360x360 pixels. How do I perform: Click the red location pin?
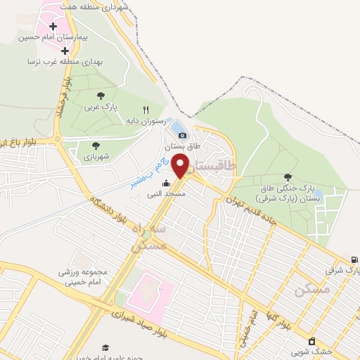(x=181, y=165)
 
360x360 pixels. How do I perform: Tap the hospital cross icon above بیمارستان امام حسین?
(x=54, y=26)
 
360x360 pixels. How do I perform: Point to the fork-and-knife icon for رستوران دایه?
(x=146, y=110)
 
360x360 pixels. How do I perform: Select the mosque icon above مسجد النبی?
(x=167, y=183)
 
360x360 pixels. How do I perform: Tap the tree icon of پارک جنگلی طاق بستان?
(x=287, y=177)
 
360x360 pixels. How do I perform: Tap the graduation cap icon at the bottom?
(x=105, y=347)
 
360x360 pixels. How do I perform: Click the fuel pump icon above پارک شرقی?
(x=354, y=259)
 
